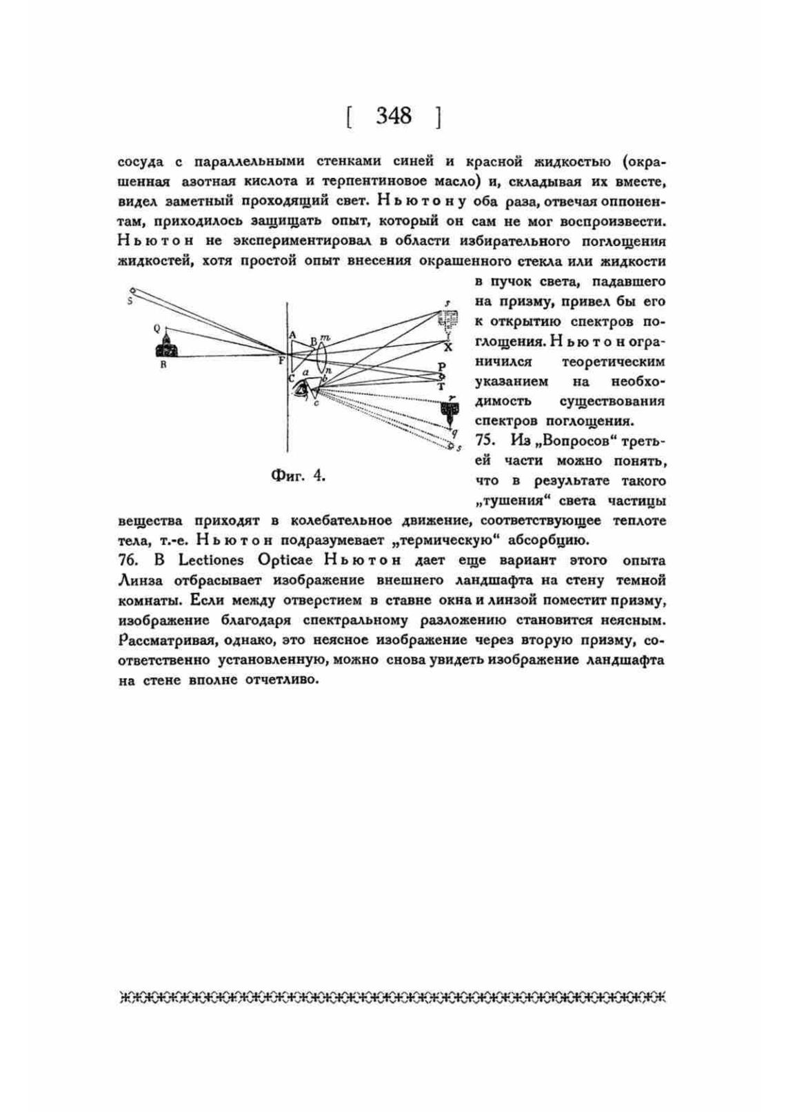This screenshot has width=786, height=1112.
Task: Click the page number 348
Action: tap(393, 116)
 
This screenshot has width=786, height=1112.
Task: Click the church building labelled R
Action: tap(166, 347)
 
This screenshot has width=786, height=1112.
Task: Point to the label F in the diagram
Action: tap(281, 358)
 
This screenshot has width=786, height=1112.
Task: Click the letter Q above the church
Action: tap(157, 328)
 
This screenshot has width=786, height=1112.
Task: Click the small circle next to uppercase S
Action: tap(133, 291)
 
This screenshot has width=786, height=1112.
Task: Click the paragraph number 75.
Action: tap(485, 441)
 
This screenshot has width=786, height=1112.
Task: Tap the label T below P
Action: tap(441, 387)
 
